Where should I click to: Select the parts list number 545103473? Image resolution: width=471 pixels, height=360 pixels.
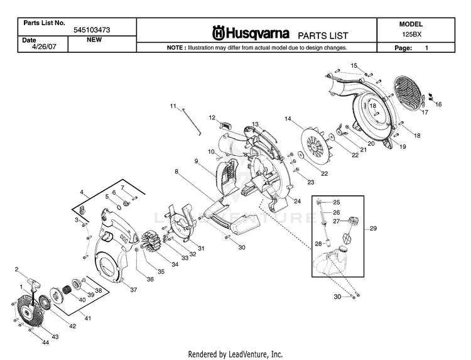[93, 30]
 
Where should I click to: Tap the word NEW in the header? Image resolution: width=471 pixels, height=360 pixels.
[94, 39]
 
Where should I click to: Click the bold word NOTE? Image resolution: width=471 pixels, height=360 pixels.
[174, 48]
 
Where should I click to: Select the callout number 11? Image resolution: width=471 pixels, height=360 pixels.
[173, 106]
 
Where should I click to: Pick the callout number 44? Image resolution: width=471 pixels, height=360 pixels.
[45, 342]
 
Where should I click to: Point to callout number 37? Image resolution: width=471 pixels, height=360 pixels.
[133, 290]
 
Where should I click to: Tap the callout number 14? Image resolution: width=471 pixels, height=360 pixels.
[288, 119]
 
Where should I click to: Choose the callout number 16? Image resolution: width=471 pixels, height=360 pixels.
[438, 104]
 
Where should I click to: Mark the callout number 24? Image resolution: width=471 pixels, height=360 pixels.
[297, 201]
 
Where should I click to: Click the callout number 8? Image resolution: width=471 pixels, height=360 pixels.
[176, 171]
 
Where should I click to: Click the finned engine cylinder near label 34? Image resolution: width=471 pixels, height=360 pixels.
[153, 243]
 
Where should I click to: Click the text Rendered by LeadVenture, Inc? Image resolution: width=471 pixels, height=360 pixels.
[235, 354]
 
